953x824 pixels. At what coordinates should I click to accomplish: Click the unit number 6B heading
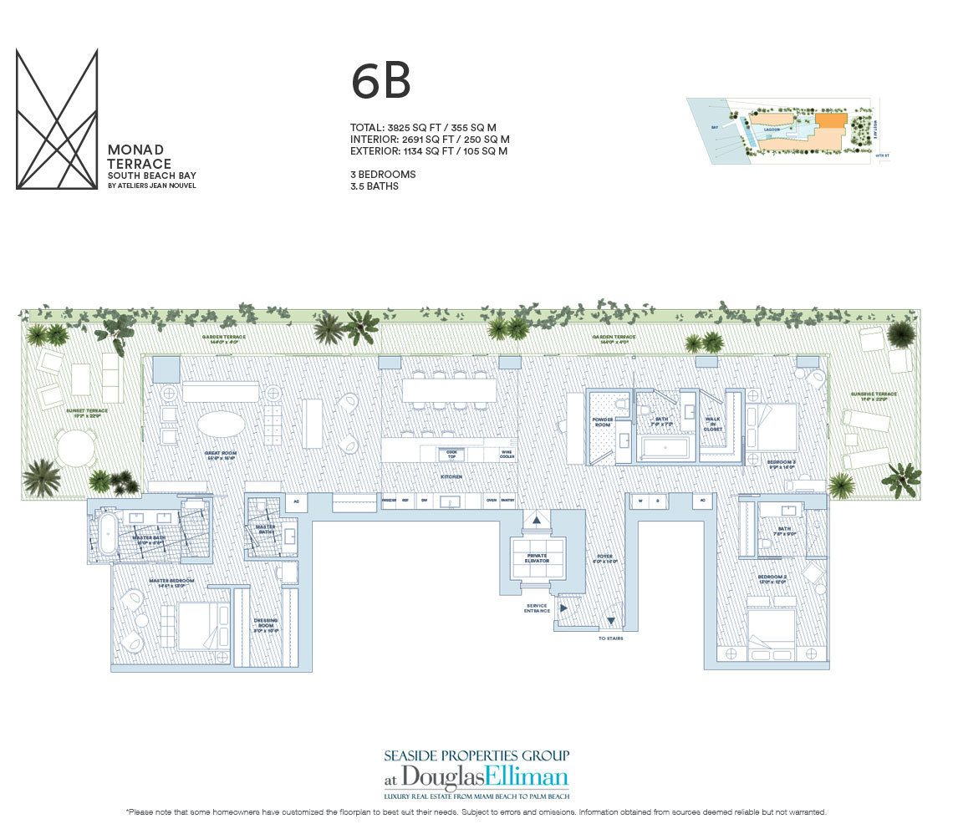pyautogui.click(x=380, y=82)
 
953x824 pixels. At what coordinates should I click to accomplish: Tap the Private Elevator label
pyautogui.click(x=537, y=558)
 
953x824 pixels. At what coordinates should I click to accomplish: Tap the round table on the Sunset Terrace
pyautogui.click(x=76, y=449)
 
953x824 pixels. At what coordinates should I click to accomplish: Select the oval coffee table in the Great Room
pyautogui.click(x=222, y=424)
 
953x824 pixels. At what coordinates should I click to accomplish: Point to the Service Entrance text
pyautogui.click(x=537, y=608)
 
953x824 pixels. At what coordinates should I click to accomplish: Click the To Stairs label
pyautogui.click(x=611, y=638)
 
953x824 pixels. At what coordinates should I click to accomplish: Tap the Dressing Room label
pyautogui.click(x=265, y=623)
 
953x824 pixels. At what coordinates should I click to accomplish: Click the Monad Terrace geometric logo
pyautogui.click(x=57, y=119)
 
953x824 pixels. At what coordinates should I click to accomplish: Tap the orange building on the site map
pyautogui.click(x=830, y=122)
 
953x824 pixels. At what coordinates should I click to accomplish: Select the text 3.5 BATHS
pyautogui.click(x=375, y=186)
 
